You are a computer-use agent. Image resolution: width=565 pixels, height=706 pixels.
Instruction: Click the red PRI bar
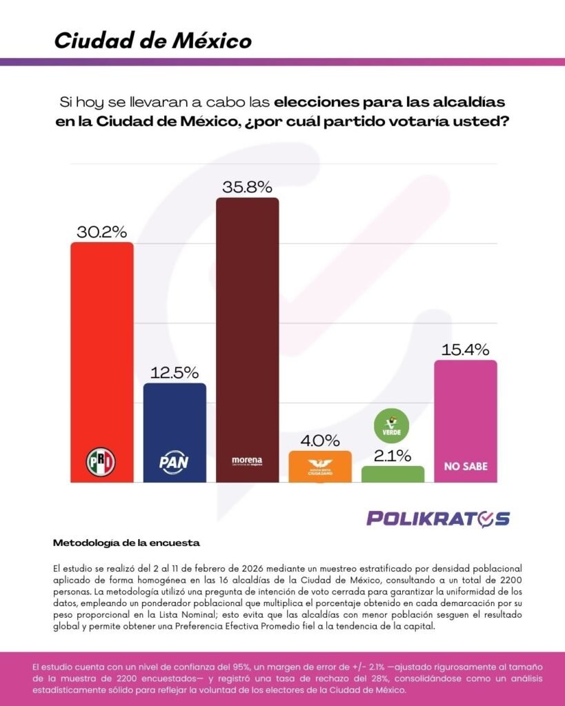coord(102,345)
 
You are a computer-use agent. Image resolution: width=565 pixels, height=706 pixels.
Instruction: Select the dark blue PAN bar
coord(175,421)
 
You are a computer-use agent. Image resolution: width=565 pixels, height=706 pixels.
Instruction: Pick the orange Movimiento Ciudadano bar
coord(319,467)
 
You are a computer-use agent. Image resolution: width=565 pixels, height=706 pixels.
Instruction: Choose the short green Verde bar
coord(393,474)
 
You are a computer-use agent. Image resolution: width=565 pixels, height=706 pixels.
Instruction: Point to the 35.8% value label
coord(247,187)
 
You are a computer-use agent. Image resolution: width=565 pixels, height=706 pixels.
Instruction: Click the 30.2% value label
coord(102,231)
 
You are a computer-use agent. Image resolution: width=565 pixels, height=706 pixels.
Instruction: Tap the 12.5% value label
coord(175,372)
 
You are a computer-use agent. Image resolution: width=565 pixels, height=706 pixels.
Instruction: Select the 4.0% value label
coord(319,440)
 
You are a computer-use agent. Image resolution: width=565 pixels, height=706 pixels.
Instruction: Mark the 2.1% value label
coord(393,455)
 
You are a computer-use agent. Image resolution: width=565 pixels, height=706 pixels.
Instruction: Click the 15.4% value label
coord(465,349)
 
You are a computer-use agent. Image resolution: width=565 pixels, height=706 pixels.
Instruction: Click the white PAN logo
coord(174,460)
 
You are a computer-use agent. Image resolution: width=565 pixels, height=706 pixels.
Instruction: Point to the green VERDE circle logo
coord(392,425)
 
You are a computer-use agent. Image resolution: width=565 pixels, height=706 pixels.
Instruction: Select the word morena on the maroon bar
coord(247,460)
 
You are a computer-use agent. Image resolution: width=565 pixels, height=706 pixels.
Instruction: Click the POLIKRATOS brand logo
coord(438,518)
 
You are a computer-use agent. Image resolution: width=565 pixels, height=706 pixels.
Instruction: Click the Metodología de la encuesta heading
coord(126,543)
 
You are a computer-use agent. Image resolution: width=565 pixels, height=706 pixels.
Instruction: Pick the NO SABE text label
coord(465,466)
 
